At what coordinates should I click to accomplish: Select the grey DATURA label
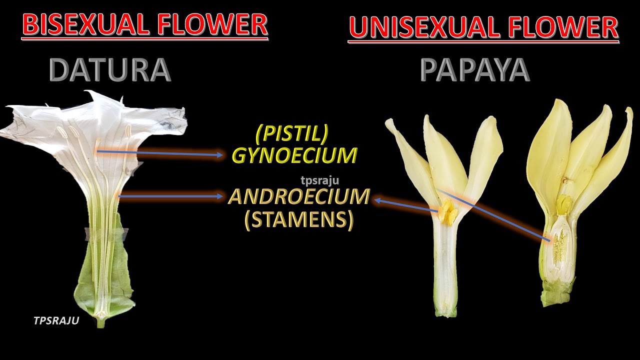tap(110, 70)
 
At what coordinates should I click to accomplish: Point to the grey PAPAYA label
tap(474, 70)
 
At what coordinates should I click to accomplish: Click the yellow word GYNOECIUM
tap(294, 156)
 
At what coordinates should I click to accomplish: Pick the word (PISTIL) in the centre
tap(292, 133)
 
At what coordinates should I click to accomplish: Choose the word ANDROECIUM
tap(299, 197)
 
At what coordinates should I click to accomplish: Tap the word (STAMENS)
tap(299, 219)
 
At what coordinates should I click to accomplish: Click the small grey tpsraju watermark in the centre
tap(319, 181)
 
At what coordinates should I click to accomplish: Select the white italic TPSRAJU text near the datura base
tap(56, 321)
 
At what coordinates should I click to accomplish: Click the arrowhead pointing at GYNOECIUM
tap(220, 155)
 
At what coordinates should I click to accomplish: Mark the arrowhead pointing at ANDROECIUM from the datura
tap(220, 196)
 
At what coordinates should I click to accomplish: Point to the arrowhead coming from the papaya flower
tap(378, 200)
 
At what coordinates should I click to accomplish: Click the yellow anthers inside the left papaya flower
tap(447, 212)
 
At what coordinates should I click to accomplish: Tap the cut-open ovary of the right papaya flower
tap(558, 245)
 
